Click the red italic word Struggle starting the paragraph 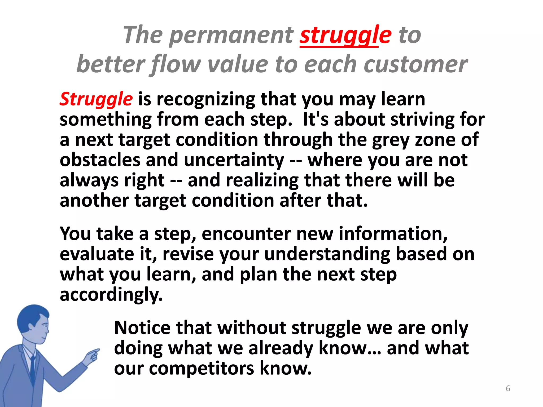click(96, 99)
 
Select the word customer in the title click(415, 64)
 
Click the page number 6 click(508, 388)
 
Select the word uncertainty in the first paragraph click(234, 160)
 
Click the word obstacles click(100, 160)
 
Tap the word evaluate click(97, 254)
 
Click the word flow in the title click(175, 64)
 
